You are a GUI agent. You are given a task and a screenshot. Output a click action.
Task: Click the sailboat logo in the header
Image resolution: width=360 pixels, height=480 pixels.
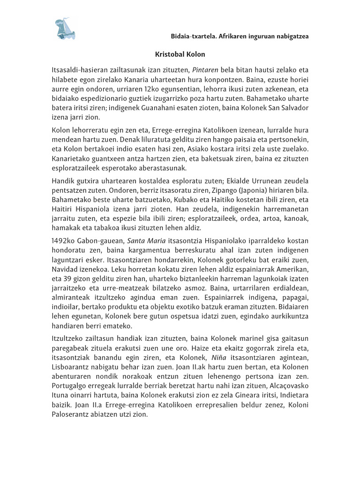(x=66, y=29)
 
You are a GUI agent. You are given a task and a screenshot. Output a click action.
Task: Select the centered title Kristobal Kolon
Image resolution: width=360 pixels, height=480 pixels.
(x=180, y=54)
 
